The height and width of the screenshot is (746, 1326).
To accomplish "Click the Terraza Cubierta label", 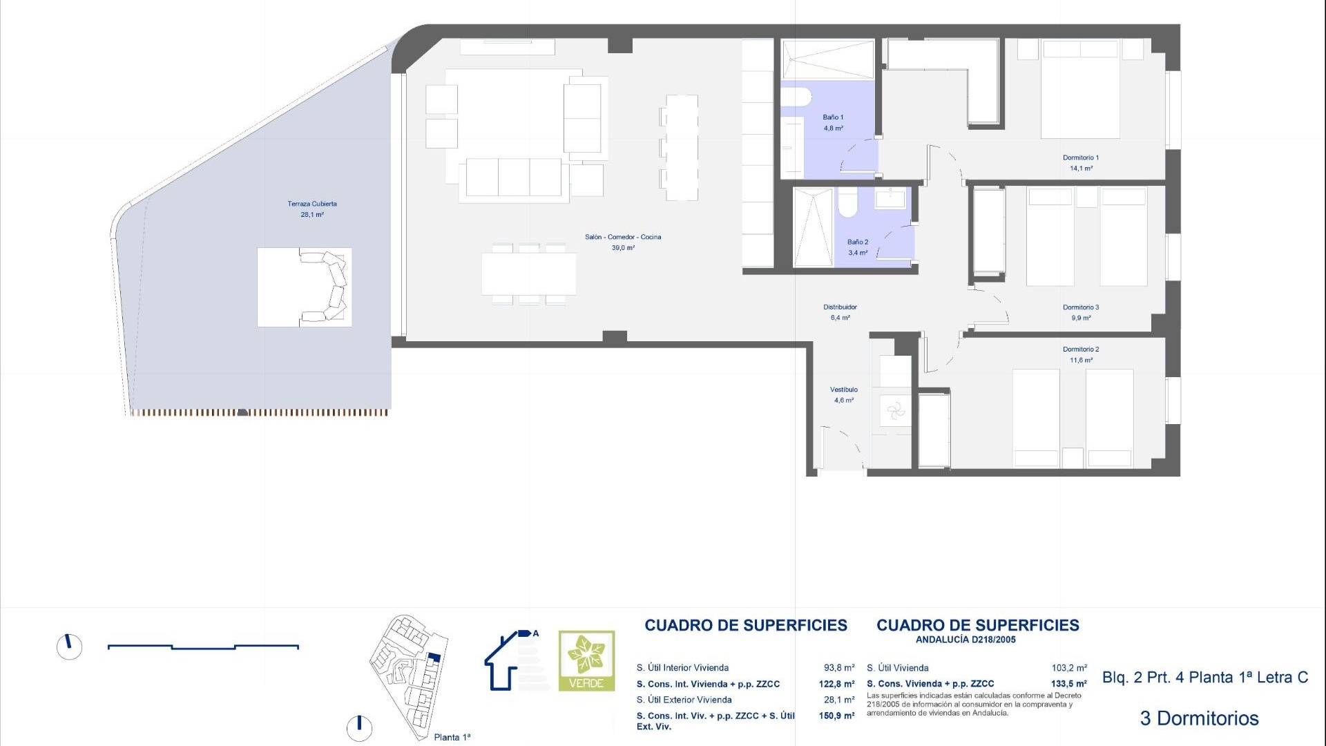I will point(312,204).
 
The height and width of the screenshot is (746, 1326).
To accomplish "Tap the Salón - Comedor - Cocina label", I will point(623,237).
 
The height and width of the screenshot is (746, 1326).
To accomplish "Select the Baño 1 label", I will point(833,117).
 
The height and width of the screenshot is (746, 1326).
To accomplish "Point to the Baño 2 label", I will point(858,242).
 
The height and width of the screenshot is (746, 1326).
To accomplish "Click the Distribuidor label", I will point(840,307).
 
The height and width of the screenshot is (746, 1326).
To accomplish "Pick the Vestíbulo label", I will point(843,390).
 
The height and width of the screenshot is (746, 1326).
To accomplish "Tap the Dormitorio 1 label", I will point(1081,158).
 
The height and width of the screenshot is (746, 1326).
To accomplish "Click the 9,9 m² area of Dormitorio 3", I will point(1081,318).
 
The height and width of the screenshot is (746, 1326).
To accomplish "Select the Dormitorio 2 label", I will point(1081,350).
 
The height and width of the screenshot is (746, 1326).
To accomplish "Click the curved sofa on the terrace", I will point(326,287).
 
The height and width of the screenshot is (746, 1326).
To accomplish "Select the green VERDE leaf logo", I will point(586,660).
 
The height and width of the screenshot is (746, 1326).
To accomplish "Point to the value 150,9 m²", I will point(836,716).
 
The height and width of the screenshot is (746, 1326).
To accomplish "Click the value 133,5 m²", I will point(1068,684).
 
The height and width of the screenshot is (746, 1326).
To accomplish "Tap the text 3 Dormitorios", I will point(1199,718).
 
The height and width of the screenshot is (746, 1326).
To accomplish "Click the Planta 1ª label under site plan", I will point(452,737).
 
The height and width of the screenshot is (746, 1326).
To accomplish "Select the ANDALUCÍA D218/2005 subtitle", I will point(965,640).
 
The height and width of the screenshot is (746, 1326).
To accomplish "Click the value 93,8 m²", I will point(838,668).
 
